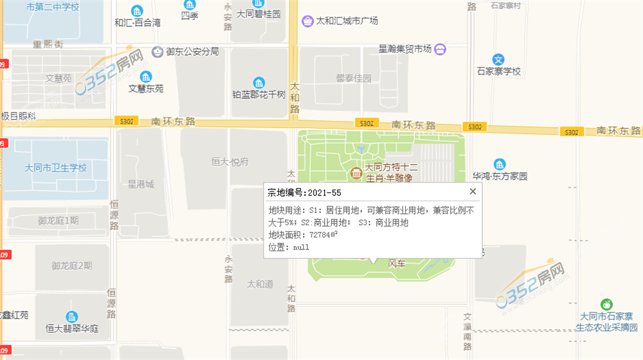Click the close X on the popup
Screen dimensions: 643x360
[x=473, y=192]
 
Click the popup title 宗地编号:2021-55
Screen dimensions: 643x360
[x=304, y=192]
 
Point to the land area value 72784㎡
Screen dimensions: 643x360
[x=323, y=235]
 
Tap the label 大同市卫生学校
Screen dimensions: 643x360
[x=55, y=168]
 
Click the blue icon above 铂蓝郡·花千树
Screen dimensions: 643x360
[x=258, y=82]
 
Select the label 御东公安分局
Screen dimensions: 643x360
[x=192, y=51]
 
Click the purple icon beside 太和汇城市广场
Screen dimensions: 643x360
[x=308, y=21]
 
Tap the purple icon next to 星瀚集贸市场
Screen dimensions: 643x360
[x=440, y=49]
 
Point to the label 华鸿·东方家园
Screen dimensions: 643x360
[x=500, y=175]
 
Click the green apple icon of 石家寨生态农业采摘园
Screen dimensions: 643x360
[x=605, y=304]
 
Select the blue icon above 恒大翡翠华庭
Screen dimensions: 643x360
[x=72, y=316]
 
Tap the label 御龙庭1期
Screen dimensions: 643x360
[x=58, y=221]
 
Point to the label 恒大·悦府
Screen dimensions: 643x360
[x=230, y=162]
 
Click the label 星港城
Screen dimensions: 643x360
[x=141, y=184]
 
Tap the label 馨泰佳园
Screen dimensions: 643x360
[x=354, y=78]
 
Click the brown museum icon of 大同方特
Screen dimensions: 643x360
[x=356, y=174]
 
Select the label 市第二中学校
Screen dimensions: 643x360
[x=53, y=7]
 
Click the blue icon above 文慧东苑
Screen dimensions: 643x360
[x=146, y=76]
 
